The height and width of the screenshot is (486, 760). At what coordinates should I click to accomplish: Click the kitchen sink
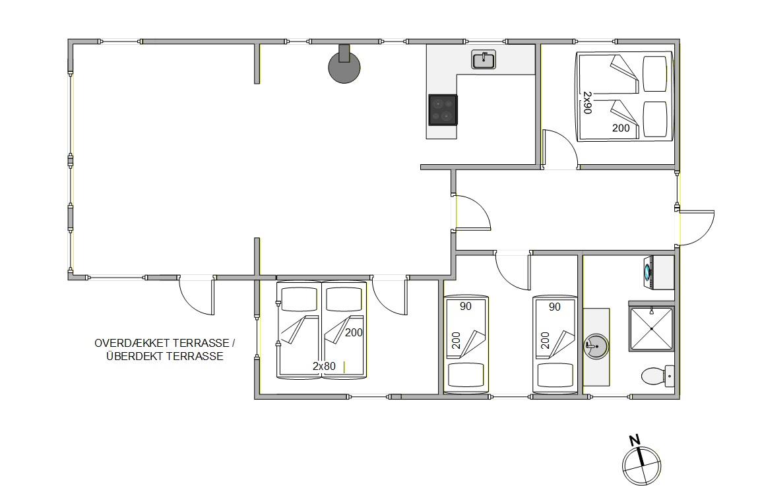[x=483, y=59]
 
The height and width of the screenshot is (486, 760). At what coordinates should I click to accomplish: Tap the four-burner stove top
[x=443, y=110]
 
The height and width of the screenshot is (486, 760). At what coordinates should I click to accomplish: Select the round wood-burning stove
[x=344, y=65]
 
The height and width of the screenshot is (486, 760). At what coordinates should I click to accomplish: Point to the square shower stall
[x=651, y=328]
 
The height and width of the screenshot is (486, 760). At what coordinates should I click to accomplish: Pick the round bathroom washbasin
[x=596, y=346]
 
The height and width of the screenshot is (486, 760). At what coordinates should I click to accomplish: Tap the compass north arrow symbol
[x=641, y=465]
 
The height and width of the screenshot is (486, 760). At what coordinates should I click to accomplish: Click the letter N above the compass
[x=635, y=440]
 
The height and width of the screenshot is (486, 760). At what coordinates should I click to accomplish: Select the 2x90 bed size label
[x=587, y=102]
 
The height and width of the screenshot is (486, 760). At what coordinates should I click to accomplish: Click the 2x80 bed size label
[x=324, y=367]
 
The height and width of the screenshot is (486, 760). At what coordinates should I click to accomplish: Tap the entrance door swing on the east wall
[x=697, y=228]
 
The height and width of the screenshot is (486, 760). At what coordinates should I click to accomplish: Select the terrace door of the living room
[x=197, y=295]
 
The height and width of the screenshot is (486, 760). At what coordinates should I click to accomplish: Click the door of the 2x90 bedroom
[x=560, y=149]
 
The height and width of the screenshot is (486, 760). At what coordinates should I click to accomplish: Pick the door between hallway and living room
[x=472, y=212]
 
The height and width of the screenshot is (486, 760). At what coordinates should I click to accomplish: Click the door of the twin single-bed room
[x=513, y=271]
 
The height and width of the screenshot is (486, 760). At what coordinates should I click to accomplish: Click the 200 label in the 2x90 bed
[x=621, y=128]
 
